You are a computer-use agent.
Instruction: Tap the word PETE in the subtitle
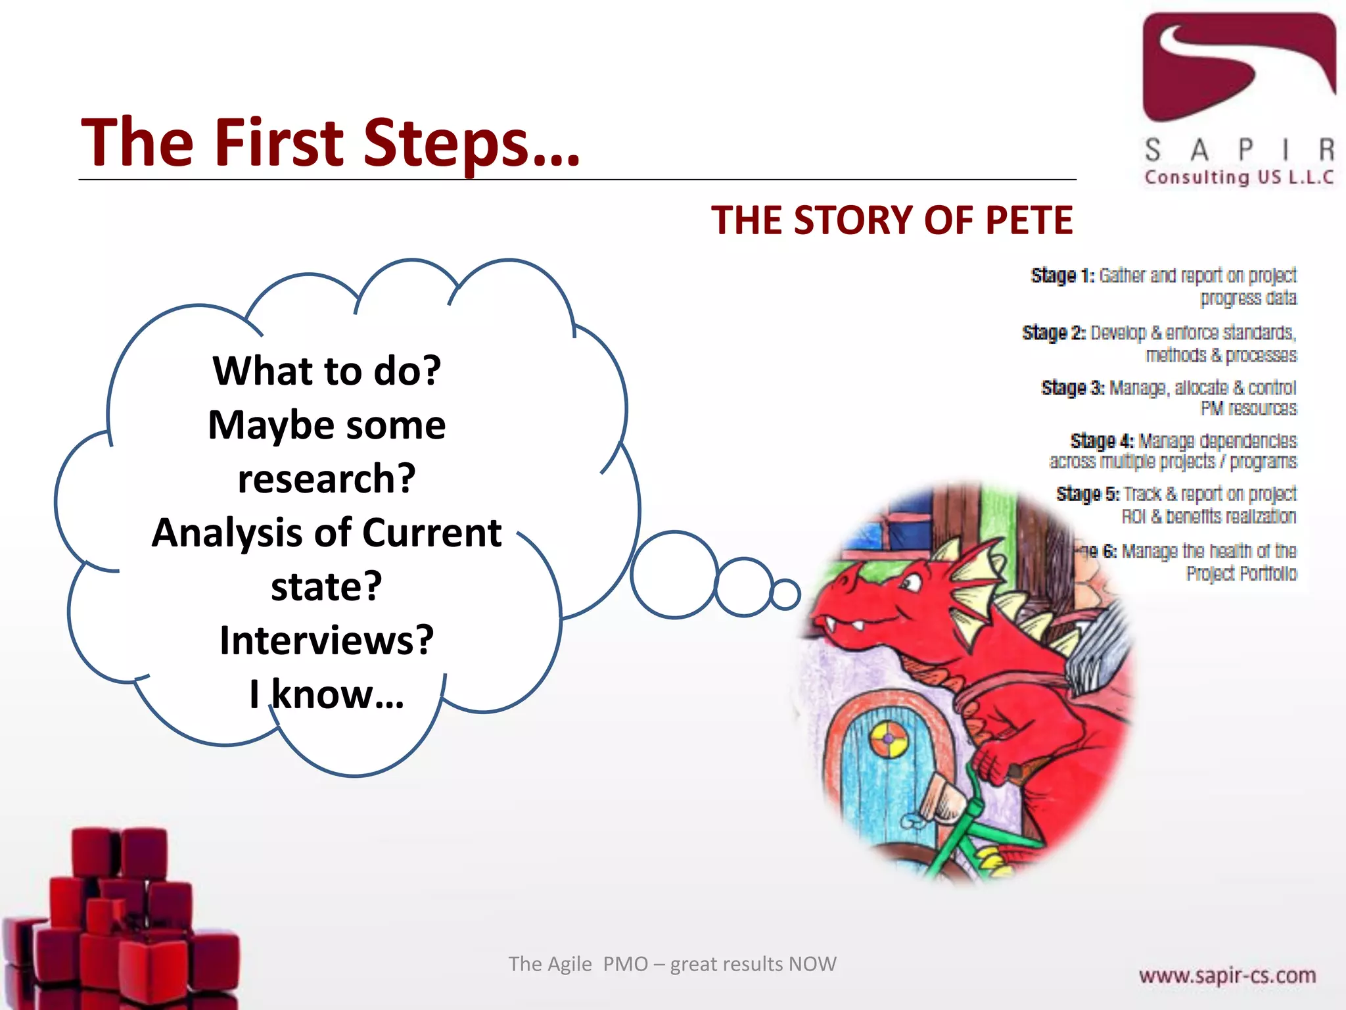click(x=1028, y=220)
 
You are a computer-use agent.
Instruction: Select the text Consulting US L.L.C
click(x=1239, y=178)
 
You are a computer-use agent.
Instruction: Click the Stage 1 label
click(x=1062, y=276)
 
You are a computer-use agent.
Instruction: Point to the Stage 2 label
click(x=1054, y=333)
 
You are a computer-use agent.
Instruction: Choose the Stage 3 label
click(x=1073, y=388)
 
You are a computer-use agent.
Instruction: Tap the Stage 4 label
click(x=1102, y=441)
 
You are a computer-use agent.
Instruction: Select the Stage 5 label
click(x=1088, y=494)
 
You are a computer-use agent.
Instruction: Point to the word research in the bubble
click(x=327, y=479)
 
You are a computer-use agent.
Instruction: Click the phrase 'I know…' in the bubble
click(x=327, y=694)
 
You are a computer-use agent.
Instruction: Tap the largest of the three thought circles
click(x=674, y=575)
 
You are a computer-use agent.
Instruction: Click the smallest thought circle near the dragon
click(x=785, y=594)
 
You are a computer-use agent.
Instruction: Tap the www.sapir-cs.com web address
click(x=1227, y=975)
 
